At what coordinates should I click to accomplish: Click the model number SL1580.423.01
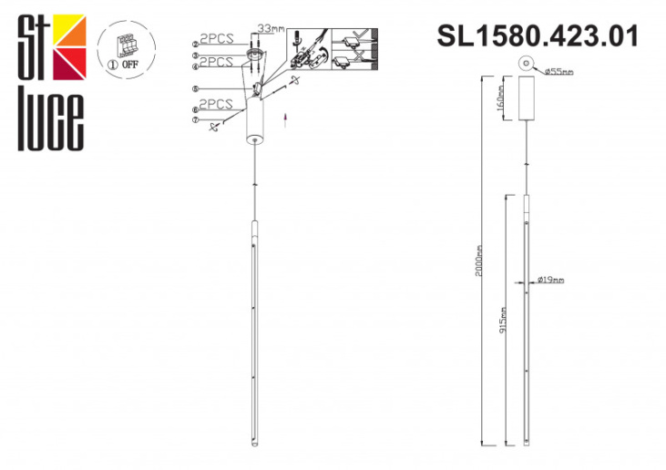538,36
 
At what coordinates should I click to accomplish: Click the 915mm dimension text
503,319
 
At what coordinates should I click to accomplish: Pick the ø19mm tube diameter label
550,279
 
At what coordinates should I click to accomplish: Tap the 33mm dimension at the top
271,28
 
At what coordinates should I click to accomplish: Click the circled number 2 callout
195,43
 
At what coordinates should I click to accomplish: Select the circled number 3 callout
195,56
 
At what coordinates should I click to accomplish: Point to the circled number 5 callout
195,88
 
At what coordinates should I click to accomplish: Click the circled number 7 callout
195,120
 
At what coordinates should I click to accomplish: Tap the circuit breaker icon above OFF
127,44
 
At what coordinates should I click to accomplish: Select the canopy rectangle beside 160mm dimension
526,97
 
